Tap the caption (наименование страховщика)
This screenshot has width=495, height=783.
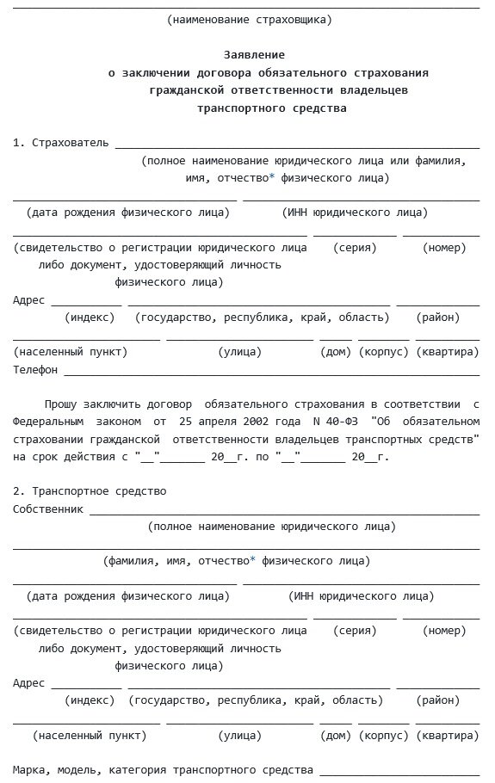pyautogui.click(x=249, y=18)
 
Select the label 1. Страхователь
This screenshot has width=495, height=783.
pyautogui.click(x=60, y=143)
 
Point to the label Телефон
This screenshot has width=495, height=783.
pyautogui.click(x=35, y=369)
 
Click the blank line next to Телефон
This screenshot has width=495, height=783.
pyautogui.click(x=271, y=373)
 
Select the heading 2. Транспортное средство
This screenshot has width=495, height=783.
pyautogui.click(x=90, y=490)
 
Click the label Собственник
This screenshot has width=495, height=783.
pyautogui.click(x=48, y=509)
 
